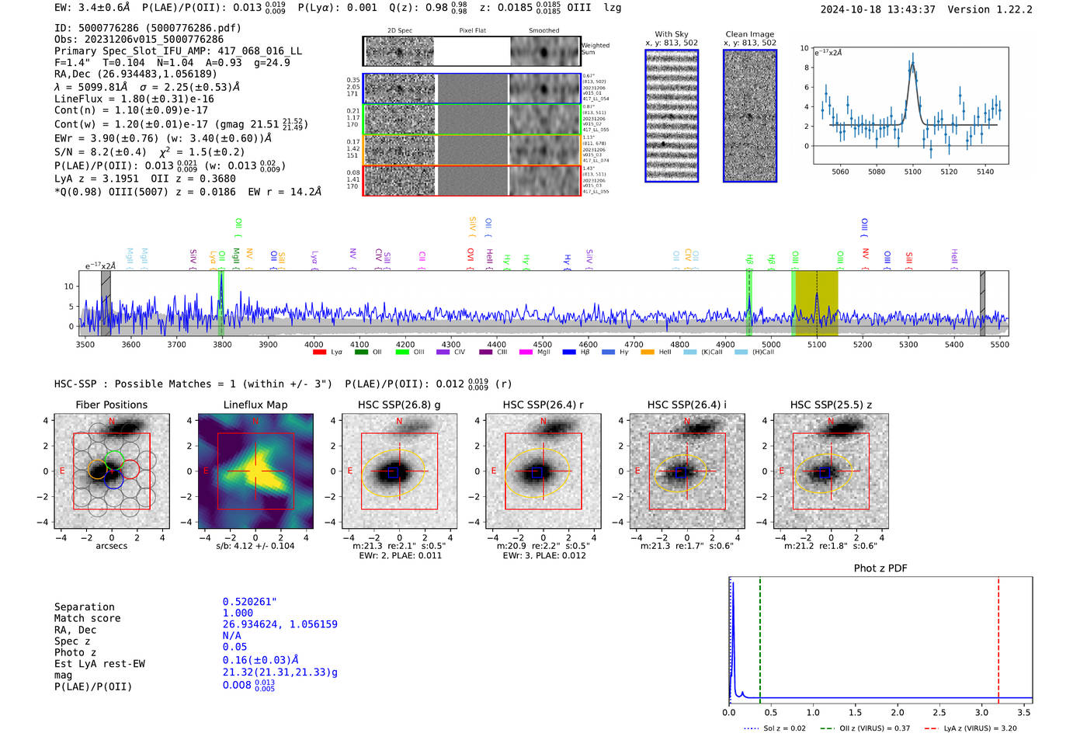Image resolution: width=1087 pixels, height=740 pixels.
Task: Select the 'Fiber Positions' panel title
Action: pyautogui.click(x=111, y=405)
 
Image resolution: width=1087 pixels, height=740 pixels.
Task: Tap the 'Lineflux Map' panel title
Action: pyautogui.click(x=255, y=405)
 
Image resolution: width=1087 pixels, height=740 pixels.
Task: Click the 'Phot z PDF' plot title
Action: pyautogui.click(x=880, y=568)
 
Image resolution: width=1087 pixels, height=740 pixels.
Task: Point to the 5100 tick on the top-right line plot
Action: pyautogui.click(x=912, y=172)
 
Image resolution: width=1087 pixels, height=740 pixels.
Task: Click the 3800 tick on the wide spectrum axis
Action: pyautogui.click(x=222, y=344)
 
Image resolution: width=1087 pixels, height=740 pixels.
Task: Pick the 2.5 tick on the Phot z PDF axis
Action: pyautogui.click(x=939, y=712)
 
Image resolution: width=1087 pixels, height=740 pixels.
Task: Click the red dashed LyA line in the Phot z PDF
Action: pyautogui.click(x=998, y=637)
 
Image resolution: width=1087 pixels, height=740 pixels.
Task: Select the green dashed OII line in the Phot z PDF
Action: pyautogui.click(x=760, y=637)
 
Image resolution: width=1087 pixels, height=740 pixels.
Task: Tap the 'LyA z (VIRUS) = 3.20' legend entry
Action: pyautogui.click(x=980, y=728)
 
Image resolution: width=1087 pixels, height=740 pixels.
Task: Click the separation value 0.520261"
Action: pyautogui.click(x=249, y=602)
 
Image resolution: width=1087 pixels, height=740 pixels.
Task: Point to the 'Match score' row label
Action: pyautogui.click(x=87, y=619)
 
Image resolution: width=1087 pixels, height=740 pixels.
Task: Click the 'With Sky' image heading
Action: pyautogui.click(x=671, y=34)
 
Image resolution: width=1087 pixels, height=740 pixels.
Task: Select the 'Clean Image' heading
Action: pyautogui.click(x=749, y=34)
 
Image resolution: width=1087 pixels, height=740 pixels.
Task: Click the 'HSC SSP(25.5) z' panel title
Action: pyautogui.click(x=831, y=405)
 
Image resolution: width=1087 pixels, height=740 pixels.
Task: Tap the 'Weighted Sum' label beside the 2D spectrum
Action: pyautogui.click(x=596, y=49)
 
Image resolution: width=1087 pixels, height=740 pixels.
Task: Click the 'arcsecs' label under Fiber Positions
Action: pyautogui.click(x=111, y=546)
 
